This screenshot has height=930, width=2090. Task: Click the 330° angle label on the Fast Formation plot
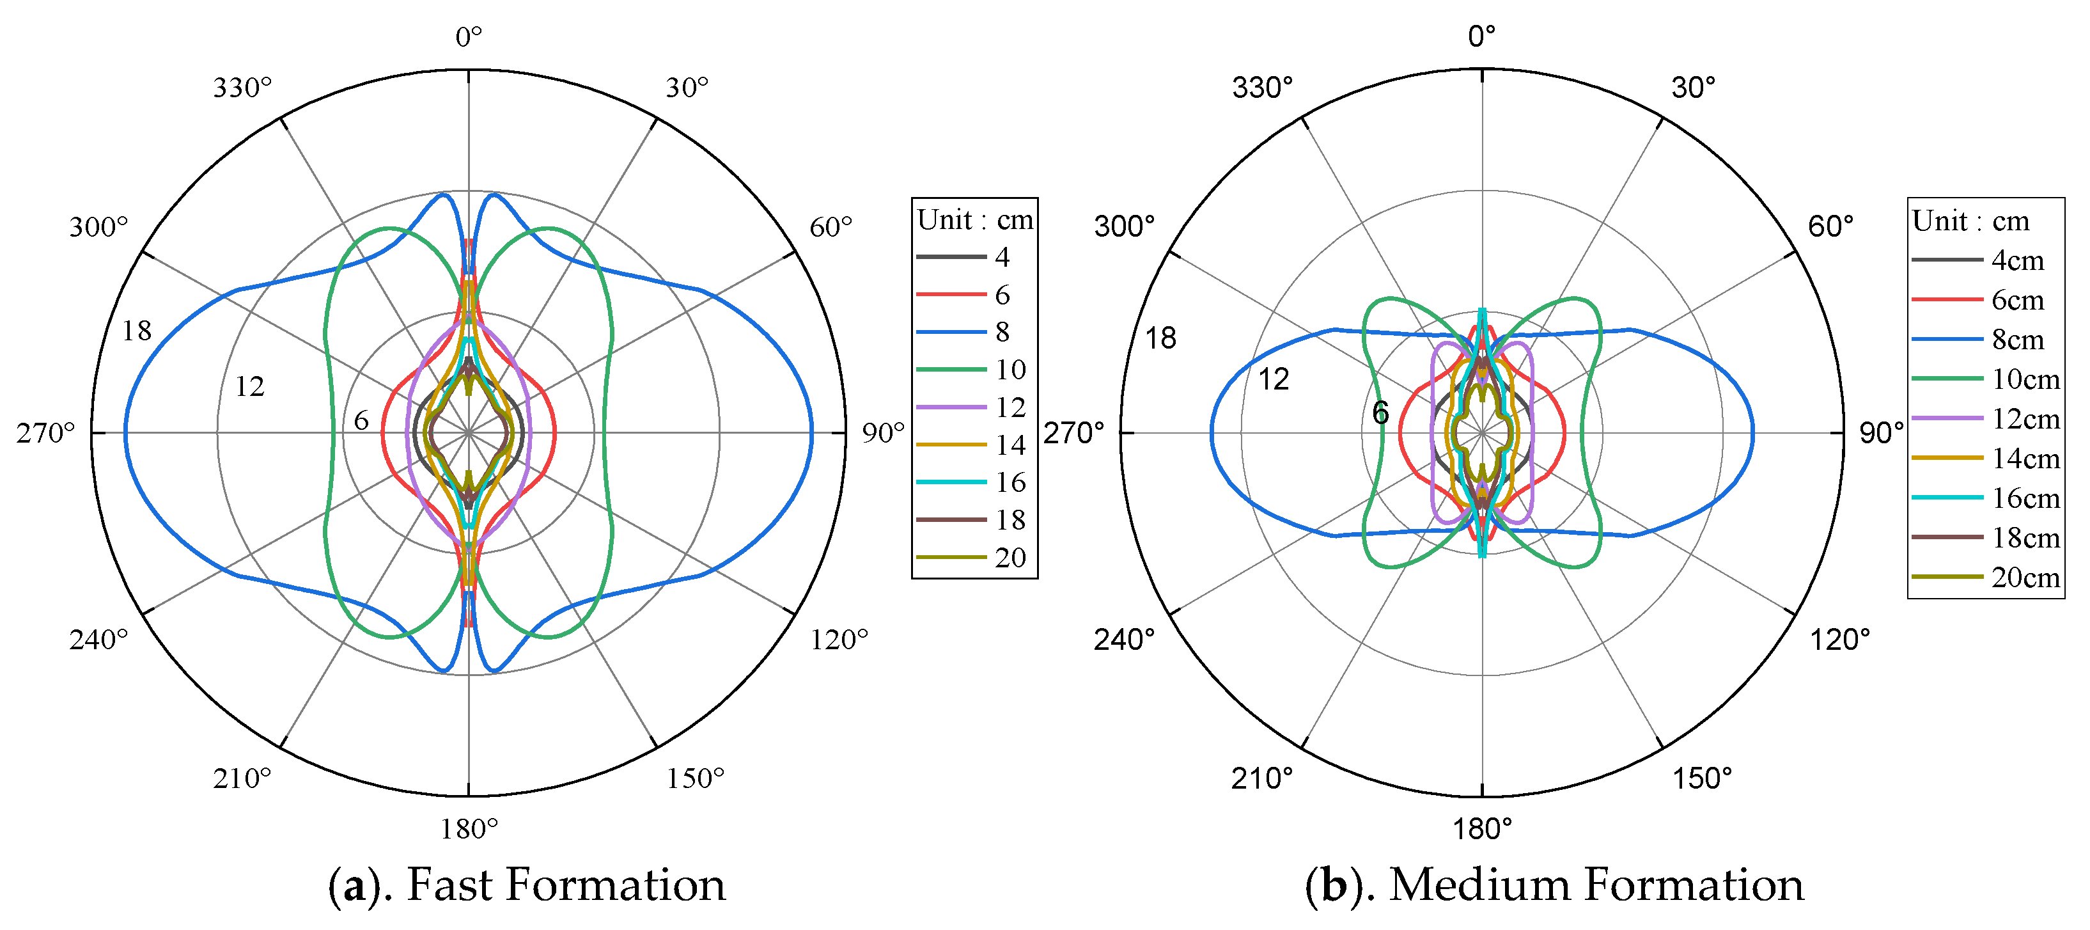242,88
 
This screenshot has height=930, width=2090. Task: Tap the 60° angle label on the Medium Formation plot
1830,226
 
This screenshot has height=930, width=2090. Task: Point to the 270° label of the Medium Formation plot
1073,434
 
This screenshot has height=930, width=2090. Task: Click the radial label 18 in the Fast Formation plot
136,331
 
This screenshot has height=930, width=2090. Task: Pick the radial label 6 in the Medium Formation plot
1380,413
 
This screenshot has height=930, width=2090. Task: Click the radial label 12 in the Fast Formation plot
249,387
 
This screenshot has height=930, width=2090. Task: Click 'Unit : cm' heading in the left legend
974,220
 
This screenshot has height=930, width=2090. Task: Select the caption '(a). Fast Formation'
527,885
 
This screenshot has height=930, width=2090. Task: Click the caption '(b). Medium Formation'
1554,885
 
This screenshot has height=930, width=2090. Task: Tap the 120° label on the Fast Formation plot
839,640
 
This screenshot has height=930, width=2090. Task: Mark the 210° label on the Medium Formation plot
1261,779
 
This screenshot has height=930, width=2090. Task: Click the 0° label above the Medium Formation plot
1481,36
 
